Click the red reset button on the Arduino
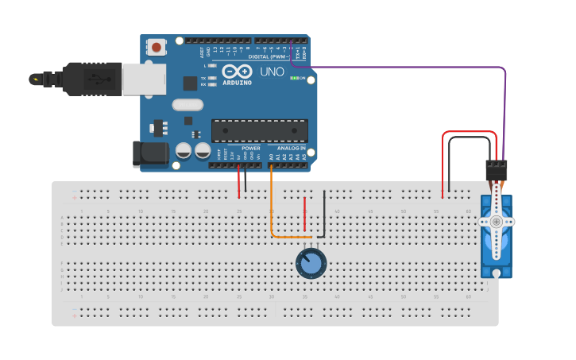click(156, 47)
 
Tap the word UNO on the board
click(272, 72)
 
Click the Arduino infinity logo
click(236, 71)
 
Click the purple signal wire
click(413, 68)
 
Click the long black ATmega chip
click(259, 130)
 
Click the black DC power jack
click(149, 154)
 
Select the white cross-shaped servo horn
click(497, 223)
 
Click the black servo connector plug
click(497, 170)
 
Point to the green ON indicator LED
click(295, 78)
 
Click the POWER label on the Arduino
click(250, 148)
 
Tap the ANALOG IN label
click(291, 148)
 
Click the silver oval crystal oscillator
click(187, 104)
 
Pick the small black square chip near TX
click(190, 83)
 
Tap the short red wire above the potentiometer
click(304, 215)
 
